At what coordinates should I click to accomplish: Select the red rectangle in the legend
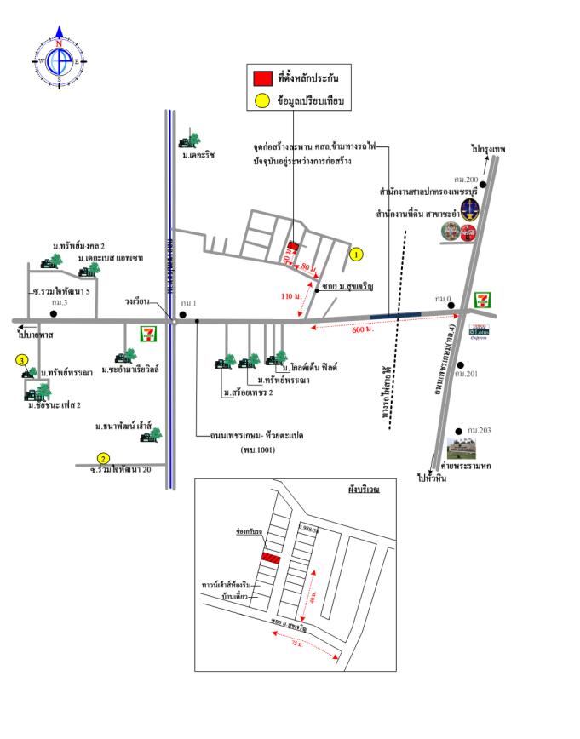(262, 77)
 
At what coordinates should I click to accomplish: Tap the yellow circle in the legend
(262, 101)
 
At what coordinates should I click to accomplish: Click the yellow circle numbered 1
(357, 254)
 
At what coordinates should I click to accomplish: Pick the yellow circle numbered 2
(103, 457)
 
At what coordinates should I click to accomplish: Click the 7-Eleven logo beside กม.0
(483, 299)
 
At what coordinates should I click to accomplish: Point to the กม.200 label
(466, 179)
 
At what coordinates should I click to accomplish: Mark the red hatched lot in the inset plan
(271, 558)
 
